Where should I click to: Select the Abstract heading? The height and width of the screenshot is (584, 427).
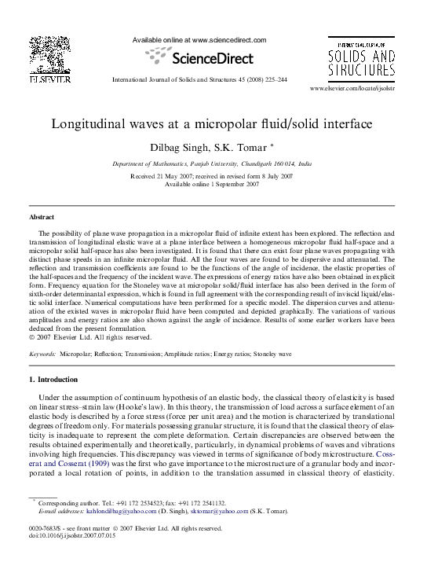42,216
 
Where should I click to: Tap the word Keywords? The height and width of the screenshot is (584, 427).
42,354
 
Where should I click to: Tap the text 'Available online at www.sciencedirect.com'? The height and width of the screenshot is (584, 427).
199,40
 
